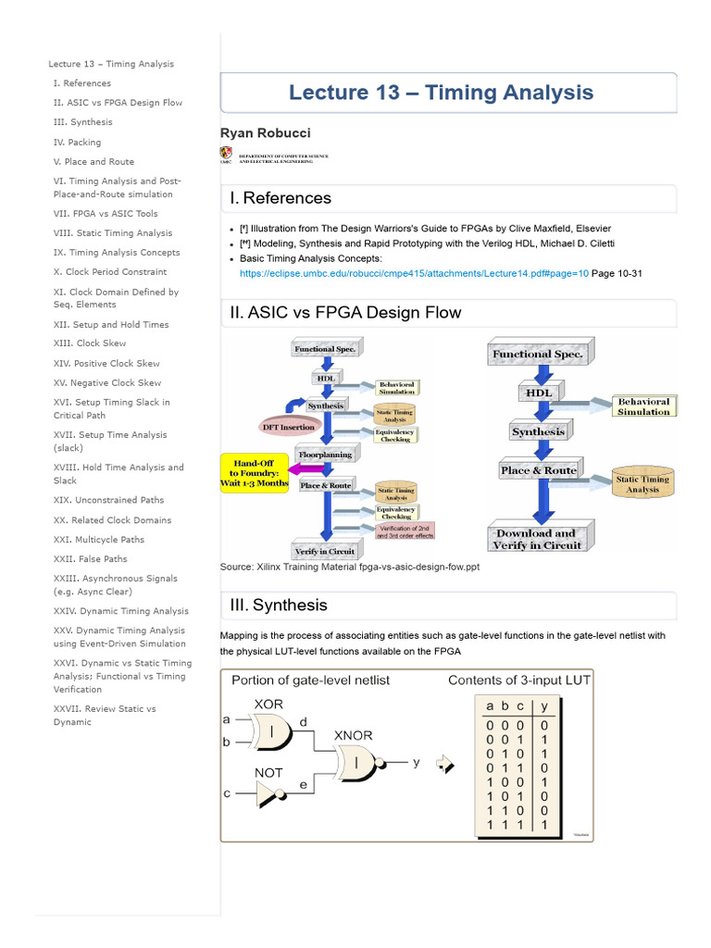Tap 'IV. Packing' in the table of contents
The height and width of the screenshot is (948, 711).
78,143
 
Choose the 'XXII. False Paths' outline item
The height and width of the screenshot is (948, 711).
91,559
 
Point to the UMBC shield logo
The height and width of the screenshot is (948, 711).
227,155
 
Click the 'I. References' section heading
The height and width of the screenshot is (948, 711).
281,198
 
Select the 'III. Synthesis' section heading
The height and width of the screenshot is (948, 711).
279,605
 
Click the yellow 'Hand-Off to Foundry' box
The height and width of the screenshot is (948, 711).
255,471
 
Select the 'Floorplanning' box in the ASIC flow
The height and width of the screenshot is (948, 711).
322,455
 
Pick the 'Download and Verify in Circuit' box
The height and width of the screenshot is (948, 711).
537,540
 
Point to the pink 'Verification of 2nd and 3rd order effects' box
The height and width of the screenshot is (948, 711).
405,530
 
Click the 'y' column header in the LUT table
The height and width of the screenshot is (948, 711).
544,705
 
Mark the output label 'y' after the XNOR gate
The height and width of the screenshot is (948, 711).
417,762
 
